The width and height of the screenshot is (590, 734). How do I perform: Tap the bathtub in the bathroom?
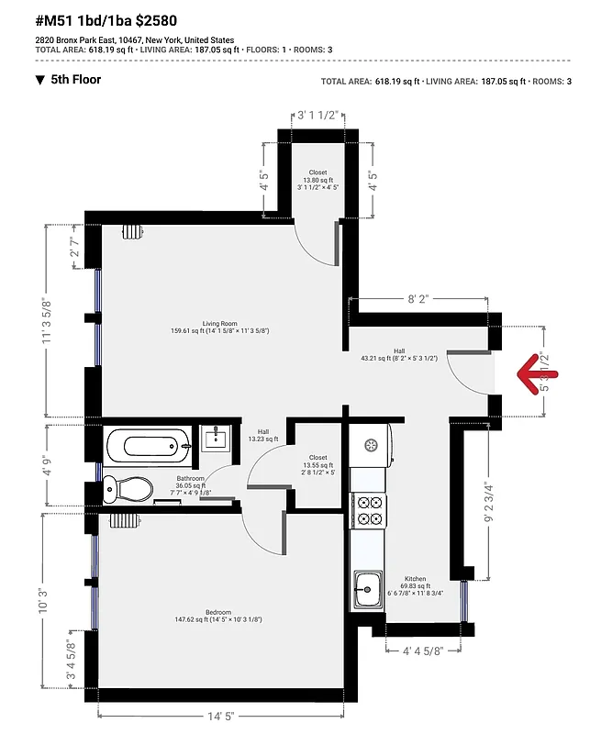pyautogui.click(x=149, y=447)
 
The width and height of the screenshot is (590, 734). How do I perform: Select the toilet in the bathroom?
pyautogui.click(x=127, y=489)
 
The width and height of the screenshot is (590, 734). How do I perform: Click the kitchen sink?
pyautogui.click(x=369, y=587)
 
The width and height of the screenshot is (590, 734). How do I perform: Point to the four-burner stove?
pyautogui.click(x=369, y=510)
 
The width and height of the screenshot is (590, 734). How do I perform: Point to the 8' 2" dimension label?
pyautogui.click(x=418, y=299)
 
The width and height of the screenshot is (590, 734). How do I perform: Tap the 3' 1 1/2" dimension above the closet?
pyautogui.click(x=317, y=116)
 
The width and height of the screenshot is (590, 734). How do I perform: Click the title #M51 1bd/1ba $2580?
pyautogui.click(x=106, y=20)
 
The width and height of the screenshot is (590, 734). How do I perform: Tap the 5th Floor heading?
pyautogui.click(x=75, y=80)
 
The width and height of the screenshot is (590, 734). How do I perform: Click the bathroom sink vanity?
pyautogui.click(x=215, y=438)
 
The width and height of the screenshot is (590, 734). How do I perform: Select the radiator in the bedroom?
pyautogui.click(x=122, y=520)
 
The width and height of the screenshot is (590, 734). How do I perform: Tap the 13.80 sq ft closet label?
pyautogui.click(x=317, y=180)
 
